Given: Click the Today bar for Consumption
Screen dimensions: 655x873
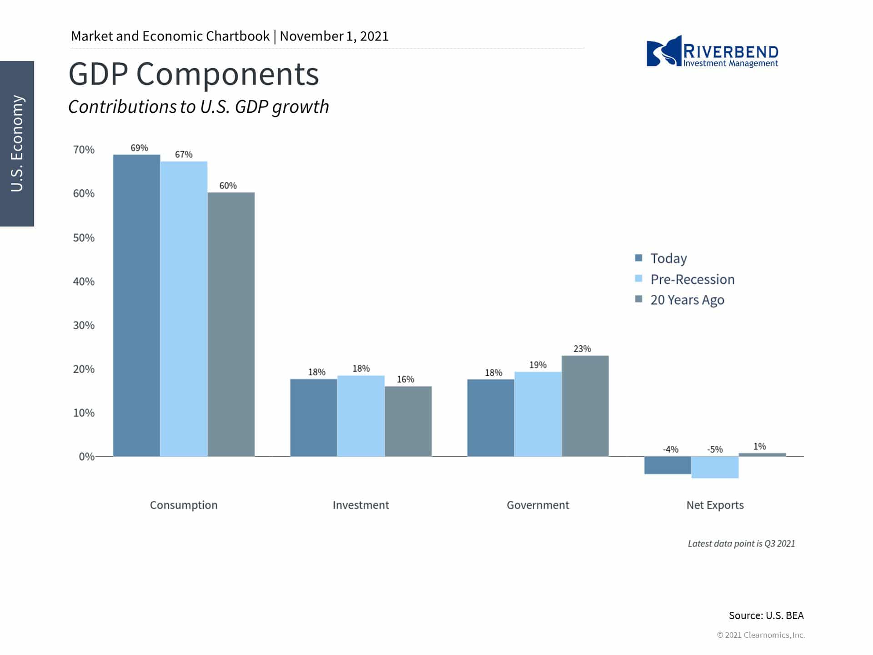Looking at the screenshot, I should [136, 305].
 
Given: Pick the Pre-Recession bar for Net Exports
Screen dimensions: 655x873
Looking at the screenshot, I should [715, 467].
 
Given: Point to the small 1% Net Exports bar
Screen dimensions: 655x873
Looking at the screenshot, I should [762, 454].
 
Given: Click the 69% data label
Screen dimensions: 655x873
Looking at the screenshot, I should [139, 148].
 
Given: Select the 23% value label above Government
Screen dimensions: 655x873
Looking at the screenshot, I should [582, 349].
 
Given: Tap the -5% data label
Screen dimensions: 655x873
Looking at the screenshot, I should [715, 449].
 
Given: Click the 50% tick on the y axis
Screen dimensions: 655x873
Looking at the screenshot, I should [84, 238].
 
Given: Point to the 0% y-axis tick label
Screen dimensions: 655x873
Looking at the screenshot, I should [86, 457].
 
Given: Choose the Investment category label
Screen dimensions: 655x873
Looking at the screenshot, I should [361, 505].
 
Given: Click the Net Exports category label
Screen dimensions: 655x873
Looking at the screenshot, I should [715, 505].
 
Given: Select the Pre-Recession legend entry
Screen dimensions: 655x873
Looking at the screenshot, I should [692, 279].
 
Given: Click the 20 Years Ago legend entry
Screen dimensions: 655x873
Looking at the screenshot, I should [687, 300].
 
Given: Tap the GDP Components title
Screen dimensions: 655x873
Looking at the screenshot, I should [194, 74].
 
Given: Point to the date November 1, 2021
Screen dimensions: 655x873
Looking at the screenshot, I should [334, 36].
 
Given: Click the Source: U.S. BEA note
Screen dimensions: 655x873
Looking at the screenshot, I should [766, 615].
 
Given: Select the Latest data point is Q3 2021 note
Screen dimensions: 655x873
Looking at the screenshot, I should [741, 544].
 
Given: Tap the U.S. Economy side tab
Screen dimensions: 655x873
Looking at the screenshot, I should [17, 143].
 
